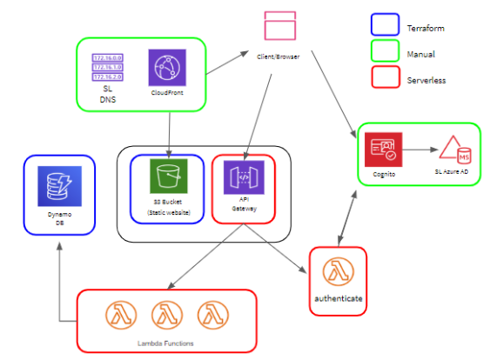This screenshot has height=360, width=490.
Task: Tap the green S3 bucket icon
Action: [x=166, y=177]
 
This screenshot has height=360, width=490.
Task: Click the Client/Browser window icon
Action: [x=279, y=25]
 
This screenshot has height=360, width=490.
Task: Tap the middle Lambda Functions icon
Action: [x=166, y=314]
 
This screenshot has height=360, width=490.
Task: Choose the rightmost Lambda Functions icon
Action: [x=211, y=314]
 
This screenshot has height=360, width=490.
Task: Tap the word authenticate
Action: [x=337, y=297]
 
